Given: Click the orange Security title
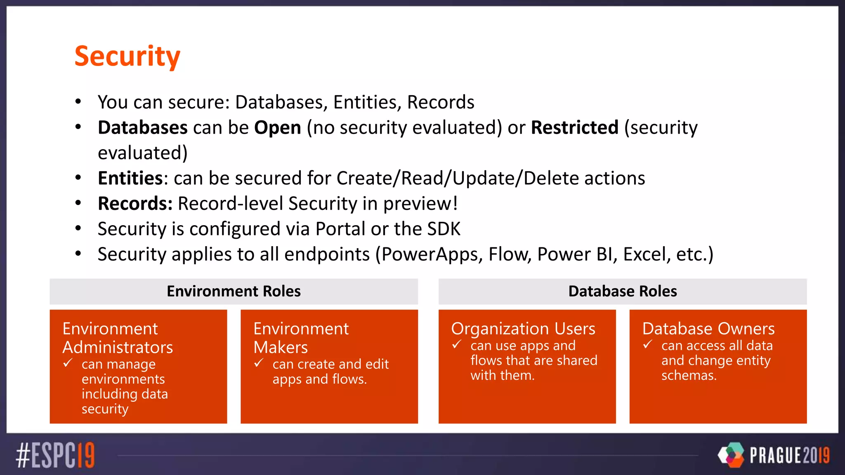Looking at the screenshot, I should click(127, 56).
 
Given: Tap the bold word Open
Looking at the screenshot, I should click(277, 127).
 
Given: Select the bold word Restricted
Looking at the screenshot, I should click(574, 127).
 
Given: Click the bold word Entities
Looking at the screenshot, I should click(130, 178).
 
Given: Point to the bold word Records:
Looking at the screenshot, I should click(135, 204).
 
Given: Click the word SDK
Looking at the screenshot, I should click(444, 229).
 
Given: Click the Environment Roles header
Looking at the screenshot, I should click(234, 292).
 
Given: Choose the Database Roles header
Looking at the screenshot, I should click(622, 292).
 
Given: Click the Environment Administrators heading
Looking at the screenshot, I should click(118, 338).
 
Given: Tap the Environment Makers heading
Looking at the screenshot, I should click(301, 338).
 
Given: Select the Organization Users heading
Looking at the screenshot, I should click(523, 329).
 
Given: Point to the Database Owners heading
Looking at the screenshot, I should click(708, 329).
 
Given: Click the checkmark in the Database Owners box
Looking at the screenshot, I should click(648, 344).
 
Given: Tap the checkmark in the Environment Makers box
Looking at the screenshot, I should click(259, 363).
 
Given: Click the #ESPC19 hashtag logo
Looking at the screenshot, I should click(55, 455).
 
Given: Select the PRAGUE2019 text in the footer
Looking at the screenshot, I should click(789, 455).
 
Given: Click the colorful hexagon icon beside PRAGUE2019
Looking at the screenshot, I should click(731, 455).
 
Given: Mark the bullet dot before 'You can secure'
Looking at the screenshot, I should click(78, 101).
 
